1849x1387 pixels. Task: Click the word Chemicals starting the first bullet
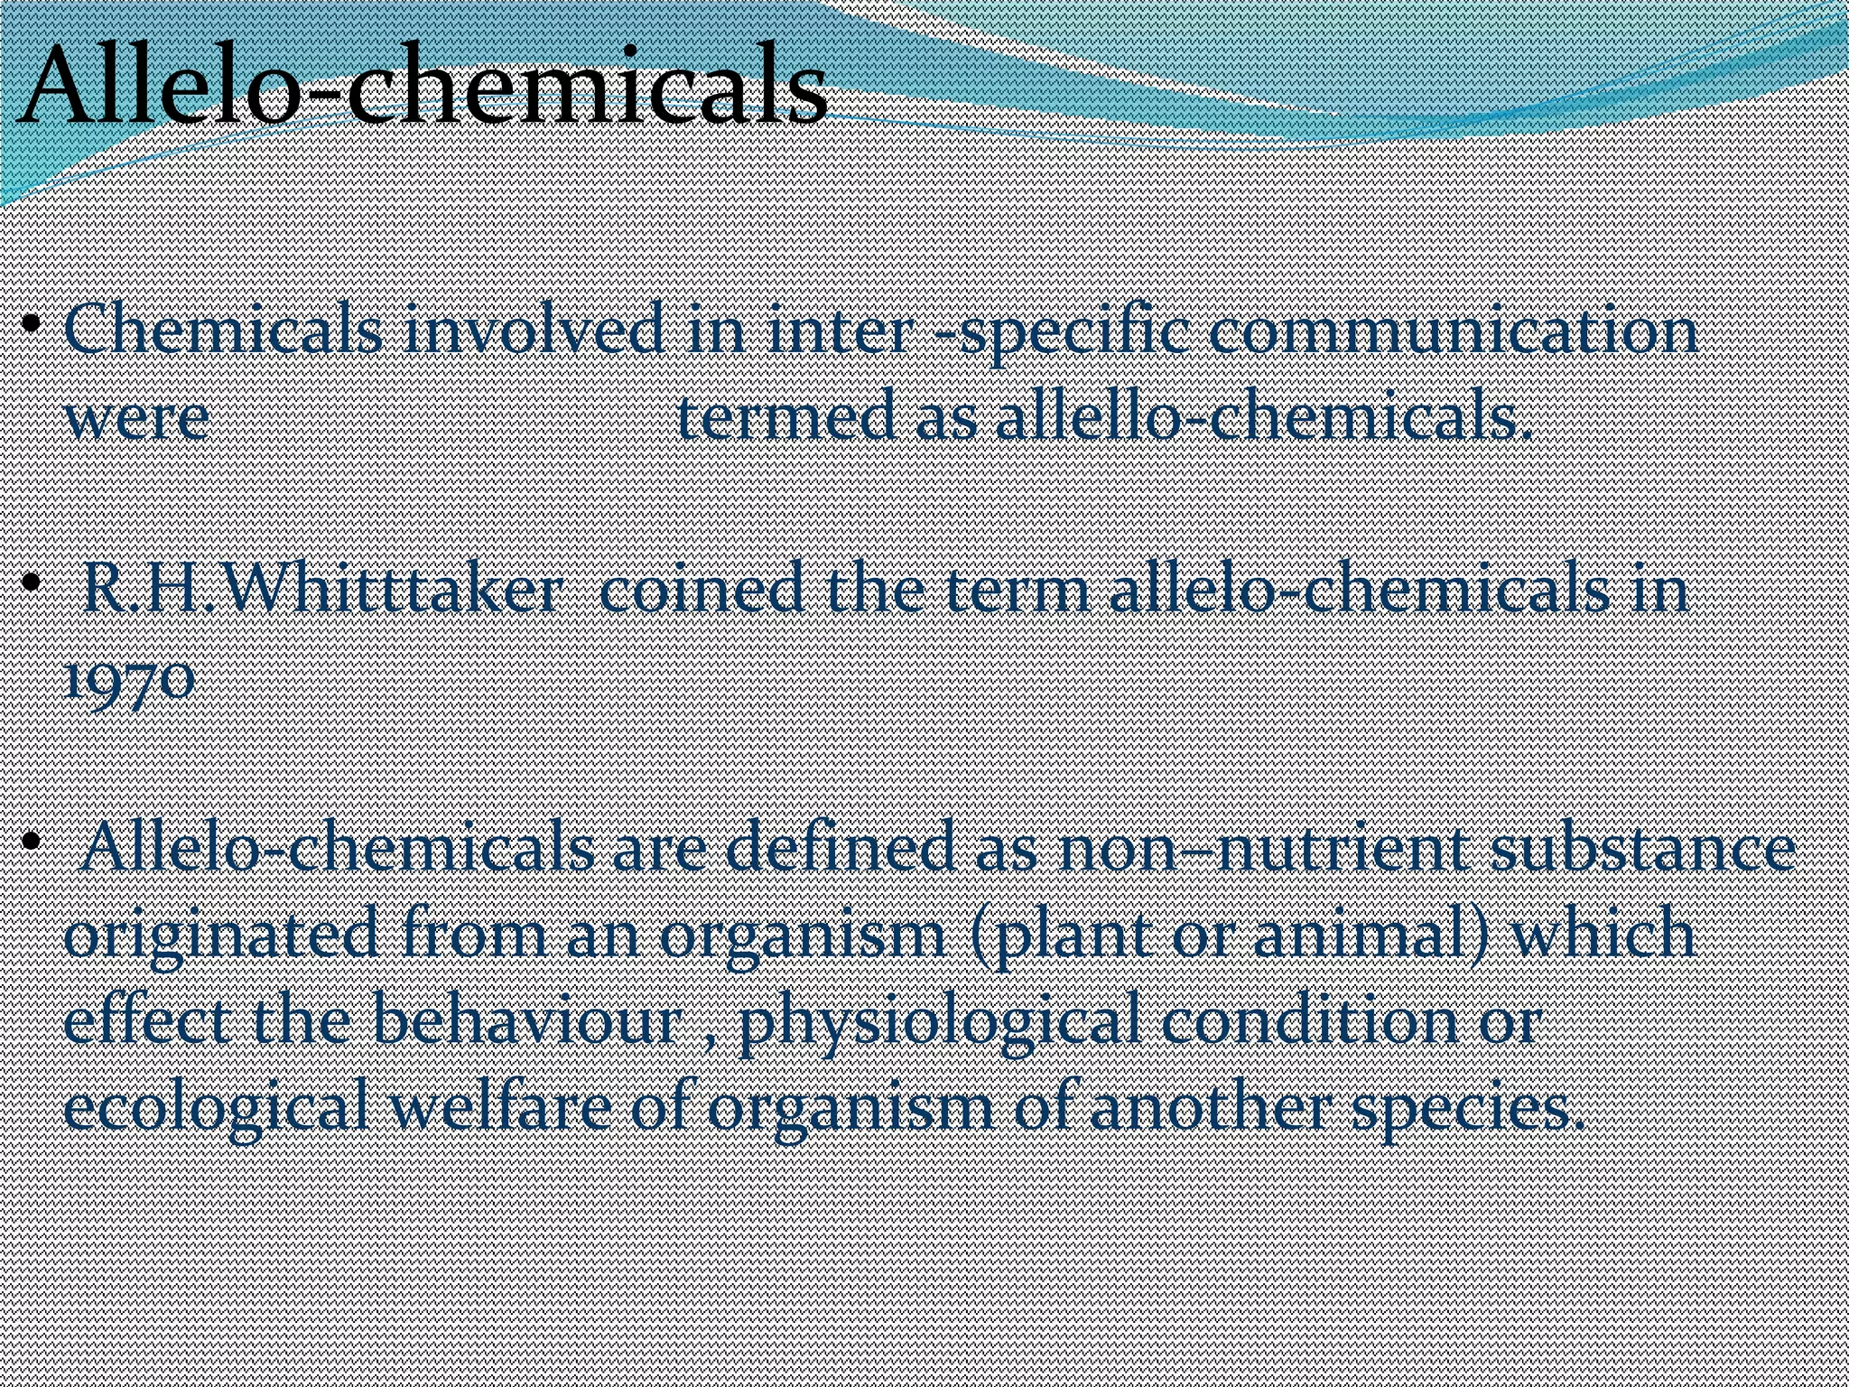224,330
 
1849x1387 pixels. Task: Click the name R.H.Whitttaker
321,589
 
